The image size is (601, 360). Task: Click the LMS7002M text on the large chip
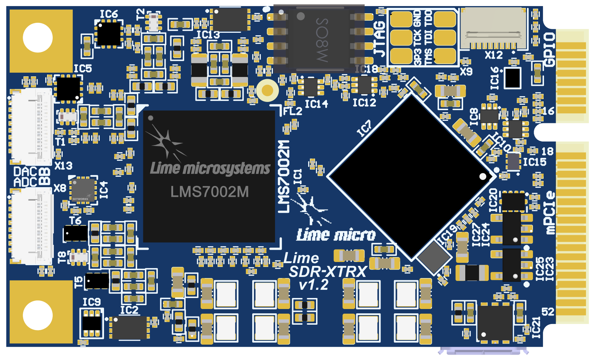pyautogui.click(x=209, y=192)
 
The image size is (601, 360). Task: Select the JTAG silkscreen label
pyautogui.click(x=380, y=39)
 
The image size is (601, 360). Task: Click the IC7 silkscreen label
pyautogui.click(x=364, y=128)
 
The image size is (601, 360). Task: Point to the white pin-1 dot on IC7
pyautogui.click(x=483, y=176)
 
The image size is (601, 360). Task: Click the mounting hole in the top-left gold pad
pyautogui.click(x=38, y=37)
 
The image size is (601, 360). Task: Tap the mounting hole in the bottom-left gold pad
pyautogui.click(x=38, y=315)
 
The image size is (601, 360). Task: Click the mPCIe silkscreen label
pyautogui.click(x=550, y=213)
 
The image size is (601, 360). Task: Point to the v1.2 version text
pyautogui.click(x=314, y=285)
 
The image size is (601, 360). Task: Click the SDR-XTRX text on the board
pyautogui.click(x=327, y=272)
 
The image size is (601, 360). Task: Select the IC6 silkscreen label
pyautogui.click(x=109, y=14)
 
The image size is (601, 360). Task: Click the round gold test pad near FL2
pyautogui.click(x=267, y=90)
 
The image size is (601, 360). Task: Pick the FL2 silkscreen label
pyautogui.click(x=292, y=111)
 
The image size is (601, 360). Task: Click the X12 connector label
pyautogui.click(x=494, y=55)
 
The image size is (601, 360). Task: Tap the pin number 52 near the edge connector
pyautogui.click(x=548, y=312)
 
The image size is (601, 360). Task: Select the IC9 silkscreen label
pyautogui.click(x=92, y=302)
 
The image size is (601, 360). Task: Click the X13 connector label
pyautogui.click(x=63, y=166)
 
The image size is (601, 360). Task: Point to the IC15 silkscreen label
pyautogui.click(x=534, y=162)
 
